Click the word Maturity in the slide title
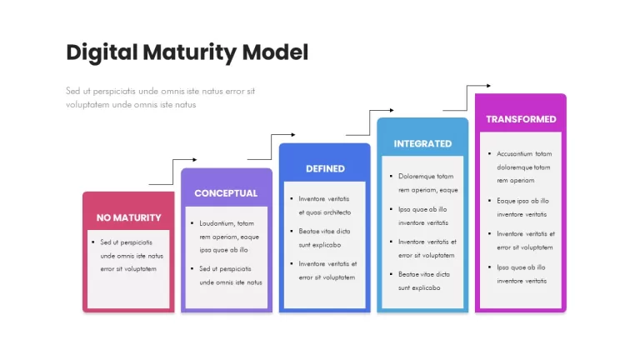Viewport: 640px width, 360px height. pos(189,53)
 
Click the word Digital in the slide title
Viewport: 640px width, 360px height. pos(102,53)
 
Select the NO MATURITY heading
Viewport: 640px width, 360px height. pos(128,217)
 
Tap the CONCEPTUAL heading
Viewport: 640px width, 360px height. pos(226,193)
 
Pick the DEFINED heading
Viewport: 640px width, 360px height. pos(325,168)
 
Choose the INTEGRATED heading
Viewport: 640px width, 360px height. pos(422,143)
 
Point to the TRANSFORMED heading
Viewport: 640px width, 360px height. pos(521,119)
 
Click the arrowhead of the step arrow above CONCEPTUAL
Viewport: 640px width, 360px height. pos(195,160)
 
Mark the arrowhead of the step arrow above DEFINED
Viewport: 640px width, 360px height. pos(293,135)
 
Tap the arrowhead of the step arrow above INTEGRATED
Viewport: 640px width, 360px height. pos(392,110)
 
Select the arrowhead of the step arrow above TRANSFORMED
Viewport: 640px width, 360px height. pos(488,86)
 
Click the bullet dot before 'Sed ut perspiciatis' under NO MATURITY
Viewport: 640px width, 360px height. pos(93,242)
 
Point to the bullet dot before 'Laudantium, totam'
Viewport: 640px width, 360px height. pos(192,223)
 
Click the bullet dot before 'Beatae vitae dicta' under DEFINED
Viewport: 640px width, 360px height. pos(292,231)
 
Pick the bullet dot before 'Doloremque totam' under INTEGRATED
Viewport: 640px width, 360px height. pos(391,177)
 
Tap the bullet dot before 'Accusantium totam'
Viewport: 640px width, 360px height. pos(489,154)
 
